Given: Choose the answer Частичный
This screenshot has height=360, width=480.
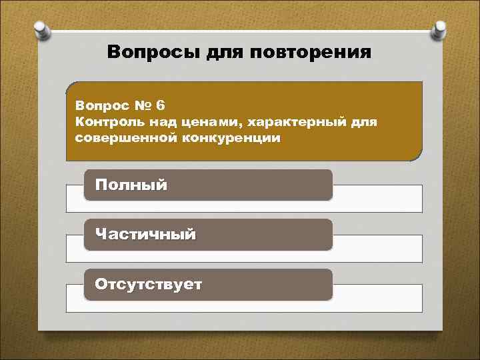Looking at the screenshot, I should click(145, 235).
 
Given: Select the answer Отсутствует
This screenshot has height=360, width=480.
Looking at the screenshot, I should click(149, 285).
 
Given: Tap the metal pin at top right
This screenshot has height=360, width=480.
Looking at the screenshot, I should click(440, 30).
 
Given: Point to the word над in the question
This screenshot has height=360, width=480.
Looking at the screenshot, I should click(157, 123).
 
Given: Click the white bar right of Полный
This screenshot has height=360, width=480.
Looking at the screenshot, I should click(377, 198).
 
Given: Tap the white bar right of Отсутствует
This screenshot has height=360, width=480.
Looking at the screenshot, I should click(377, 298).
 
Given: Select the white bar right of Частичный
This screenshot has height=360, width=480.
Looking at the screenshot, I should click(377, 248).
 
